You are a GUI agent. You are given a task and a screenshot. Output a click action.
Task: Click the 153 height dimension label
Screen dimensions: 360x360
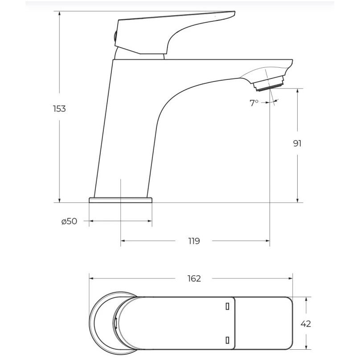59,109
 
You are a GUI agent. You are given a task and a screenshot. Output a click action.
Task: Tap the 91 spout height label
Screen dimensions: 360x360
297,143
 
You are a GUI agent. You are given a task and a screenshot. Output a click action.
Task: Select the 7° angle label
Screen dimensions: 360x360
254,103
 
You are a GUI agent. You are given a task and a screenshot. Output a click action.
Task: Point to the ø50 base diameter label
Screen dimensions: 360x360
69,221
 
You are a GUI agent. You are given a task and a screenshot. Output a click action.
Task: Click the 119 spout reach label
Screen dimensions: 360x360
194,241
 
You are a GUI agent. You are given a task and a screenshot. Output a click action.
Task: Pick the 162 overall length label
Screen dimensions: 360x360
194,278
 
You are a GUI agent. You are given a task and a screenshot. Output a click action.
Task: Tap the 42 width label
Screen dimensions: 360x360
306,324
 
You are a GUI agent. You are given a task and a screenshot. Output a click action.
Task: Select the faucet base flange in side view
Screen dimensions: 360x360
121,200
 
